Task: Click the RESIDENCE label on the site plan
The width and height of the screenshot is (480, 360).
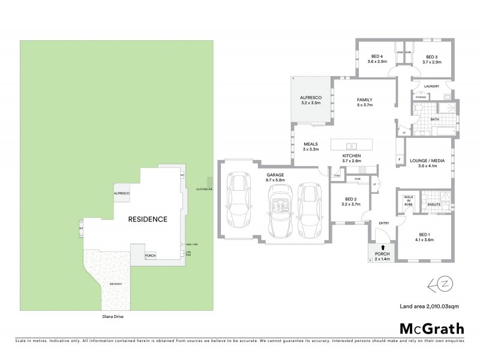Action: (147, 219)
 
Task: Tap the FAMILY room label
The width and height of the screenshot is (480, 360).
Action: (364, 102)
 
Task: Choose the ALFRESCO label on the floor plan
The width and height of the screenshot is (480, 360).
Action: (311, 100)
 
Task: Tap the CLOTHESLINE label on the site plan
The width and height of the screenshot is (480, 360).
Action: (205, 189)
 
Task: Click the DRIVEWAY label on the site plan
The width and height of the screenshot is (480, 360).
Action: (115, 284)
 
